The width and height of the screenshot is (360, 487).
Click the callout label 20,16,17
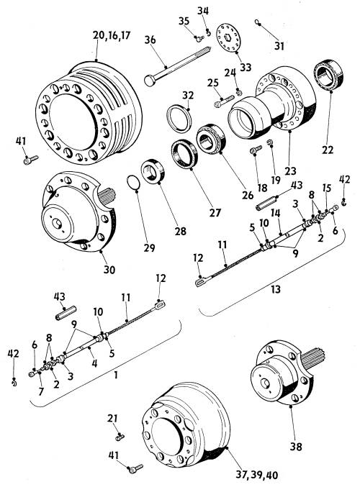[x=112, y=35]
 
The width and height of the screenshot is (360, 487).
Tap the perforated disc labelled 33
[x=230, y=38]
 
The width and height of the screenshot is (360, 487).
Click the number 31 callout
[x=279, y=46]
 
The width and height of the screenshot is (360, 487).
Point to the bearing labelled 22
[x=329, y=76]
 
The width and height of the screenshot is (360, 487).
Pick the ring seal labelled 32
[x=179, y=119]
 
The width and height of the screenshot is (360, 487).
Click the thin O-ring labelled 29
[x=134, y=182]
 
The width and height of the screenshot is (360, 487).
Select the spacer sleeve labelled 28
[x=153, y=170]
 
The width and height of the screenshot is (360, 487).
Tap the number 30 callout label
[x=109, y=269]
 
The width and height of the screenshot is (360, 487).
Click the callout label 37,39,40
[x=257, y=475]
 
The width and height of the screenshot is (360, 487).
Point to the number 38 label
[x=296, y=447]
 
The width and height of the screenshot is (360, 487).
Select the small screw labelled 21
[x=120, y=437]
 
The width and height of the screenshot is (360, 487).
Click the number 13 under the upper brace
[x=276, y=289]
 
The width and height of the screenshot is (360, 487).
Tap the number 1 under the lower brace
[x=116, y=376]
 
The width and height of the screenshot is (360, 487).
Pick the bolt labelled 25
[x=224, y=101]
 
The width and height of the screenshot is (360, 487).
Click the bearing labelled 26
[x=211, y=139]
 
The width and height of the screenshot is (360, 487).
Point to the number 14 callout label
[x=276, y=213]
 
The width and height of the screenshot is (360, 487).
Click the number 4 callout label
[x=94, y=363]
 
